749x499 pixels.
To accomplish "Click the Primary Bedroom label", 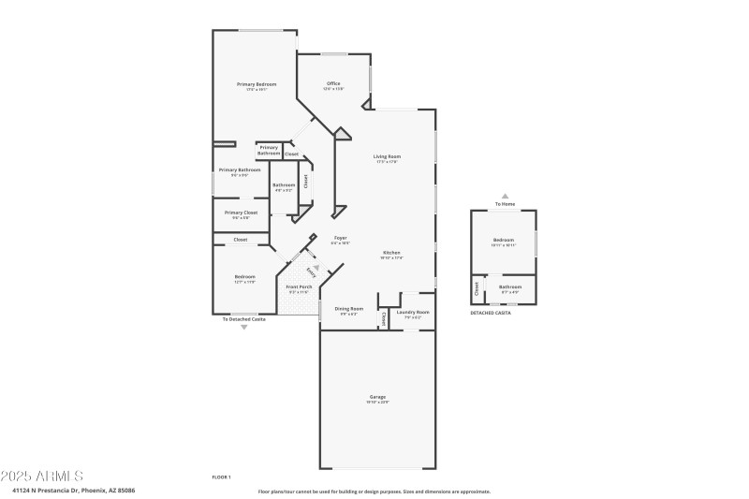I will click(257, 85).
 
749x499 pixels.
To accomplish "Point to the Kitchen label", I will click(390, 254).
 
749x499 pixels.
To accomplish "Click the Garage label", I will click(377, 398).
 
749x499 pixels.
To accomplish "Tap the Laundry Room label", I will click(413, 312).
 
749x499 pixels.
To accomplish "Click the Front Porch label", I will click(299, 287).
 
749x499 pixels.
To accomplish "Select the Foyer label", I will click(340, 239).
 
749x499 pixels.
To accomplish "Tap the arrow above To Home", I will click(505, 196).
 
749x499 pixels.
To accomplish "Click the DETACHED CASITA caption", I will click(493, 313).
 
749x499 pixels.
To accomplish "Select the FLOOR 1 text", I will click(221, 477).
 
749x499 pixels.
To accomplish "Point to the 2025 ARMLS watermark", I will click(43, 477).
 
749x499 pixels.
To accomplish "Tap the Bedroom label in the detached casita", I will click(505, 242).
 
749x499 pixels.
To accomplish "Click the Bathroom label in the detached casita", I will click(510, 287).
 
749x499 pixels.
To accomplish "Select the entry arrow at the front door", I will click(316, 269).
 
